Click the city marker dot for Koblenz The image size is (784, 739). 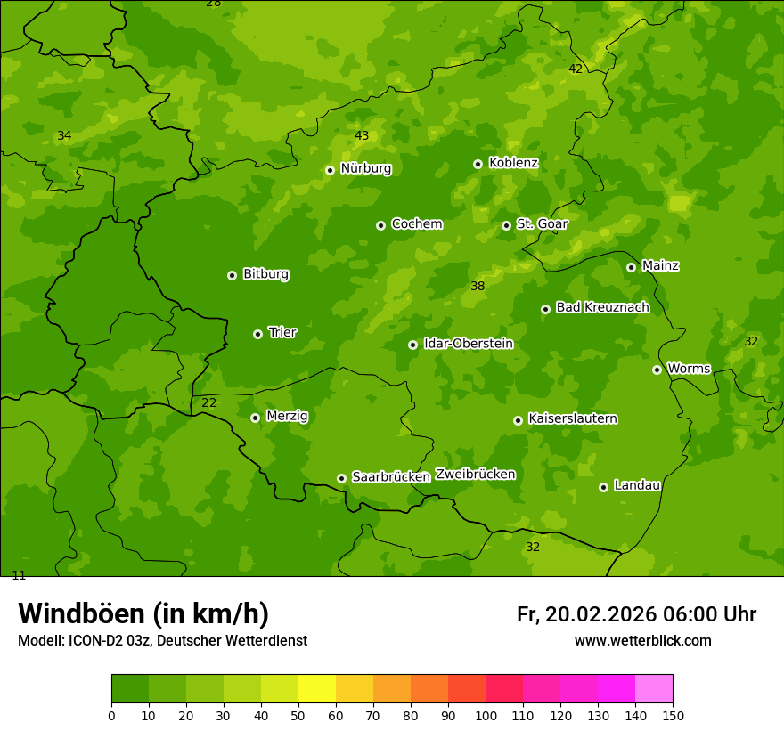click(478, 164)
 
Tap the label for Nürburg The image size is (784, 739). click(365, 168)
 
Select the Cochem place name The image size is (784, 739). click(416, 223)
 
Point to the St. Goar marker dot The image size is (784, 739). click(506, 225)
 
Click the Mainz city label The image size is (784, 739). click(660, 265)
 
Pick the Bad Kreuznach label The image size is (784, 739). click(602, 307)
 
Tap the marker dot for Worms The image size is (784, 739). click(657, 369)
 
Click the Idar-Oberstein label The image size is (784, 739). click(468, 343)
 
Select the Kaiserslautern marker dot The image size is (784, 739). click(518, 420)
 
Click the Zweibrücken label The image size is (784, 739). click(475, 474)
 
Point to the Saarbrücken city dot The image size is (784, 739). click(341, 478)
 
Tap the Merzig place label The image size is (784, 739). click(287, 416)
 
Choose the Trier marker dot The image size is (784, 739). click(257, 334)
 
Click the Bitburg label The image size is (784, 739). click(265, 274)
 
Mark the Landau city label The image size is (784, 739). click(637, 485)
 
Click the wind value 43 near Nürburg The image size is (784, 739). click(362, 135)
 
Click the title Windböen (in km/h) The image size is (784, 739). click(143, 613)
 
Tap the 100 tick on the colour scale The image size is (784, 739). click(486, 715)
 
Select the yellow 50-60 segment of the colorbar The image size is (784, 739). click(317, 689)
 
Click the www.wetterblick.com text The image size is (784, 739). click(642, 640)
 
